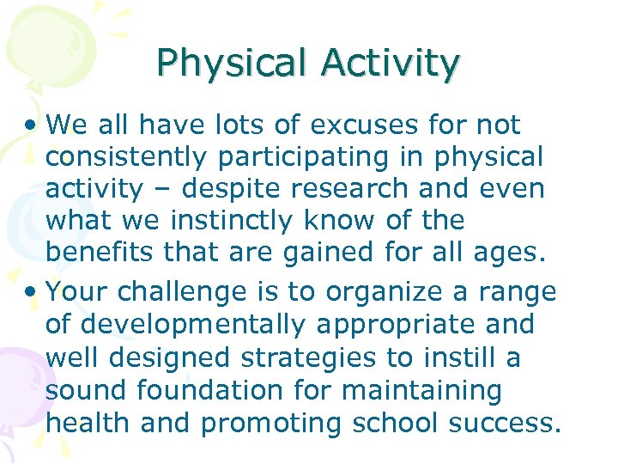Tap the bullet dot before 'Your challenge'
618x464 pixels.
coord(33,293)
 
